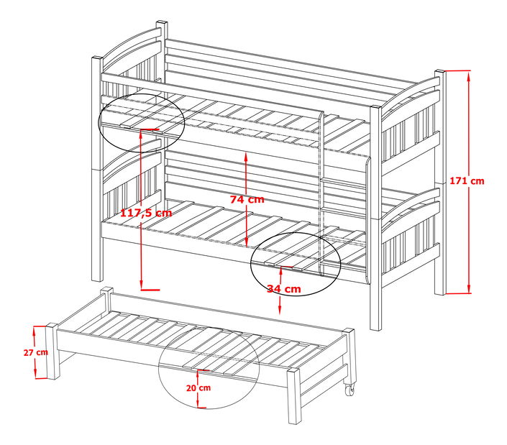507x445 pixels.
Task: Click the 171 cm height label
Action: (467, 181)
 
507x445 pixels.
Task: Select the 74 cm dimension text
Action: (247, 199)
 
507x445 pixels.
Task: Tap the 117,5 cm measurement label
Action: (146, 213)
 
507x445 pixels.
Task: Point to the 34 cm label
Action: (283, 288)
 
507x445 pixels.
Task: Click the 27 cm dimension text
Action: (36, 352)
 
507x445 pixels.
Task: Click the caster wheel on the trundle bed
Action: (350, 390)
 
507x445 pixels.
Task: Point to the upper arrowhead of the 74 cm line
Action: (247, 156)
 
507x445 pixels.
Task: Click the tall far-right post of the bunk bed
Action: (439, 180)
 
